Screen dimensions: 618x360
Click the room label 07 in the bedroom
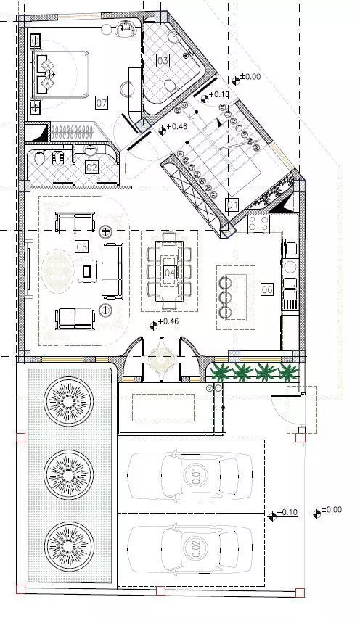pos(102,103)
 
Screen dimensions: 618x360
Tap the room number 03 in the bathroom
pos(163,60)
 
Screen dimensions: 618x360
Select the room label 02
pos(92,167)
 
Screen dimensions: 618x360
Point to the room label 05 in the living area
pos(81,247)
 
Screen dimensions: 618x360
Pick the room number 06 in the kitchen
pos(266,289)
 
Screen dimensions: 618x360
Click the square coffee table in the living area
pos(87,271)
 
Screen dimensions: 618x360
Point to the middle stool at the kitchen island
pos(224,297)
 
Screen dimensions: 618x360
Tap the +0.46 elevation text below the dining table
pos(167,321)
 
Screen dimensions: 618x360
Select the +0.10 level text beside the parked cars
pos(287,513)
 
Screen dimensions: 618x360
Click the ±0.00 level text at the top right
pos(250,77)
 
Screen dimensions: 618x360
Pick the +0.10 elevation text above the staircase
pos(218,94)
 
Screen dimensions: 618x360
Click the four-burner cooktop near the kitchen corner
pos(258,224)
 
